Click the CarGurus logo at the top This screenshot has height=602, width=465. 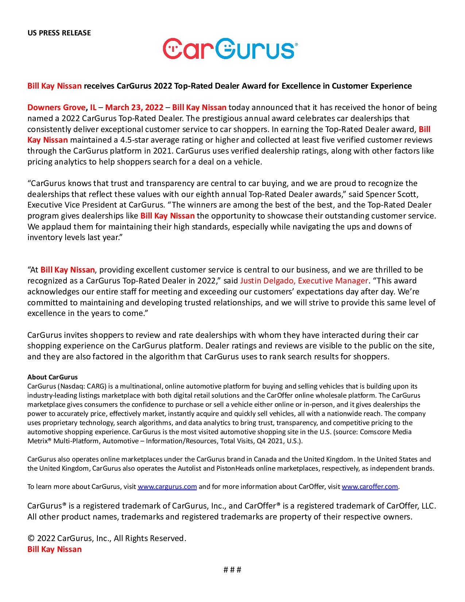(x=230, y=49)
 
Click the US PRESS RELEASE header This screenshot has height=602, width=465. (x=59, y=33)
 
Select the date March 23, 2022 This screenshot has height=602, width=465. (x=134, y=107)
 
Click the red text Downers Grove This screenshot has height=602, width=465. (x=57, y=107)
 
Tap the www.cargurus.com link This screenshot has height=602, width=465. (x=167, y=486)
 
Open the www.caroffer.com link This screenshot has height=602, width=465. (x=369, y=486)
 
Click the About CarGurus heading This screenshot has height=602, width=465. (x=53, y=377)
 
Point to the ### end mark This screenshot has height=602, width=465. (x=232, y=570)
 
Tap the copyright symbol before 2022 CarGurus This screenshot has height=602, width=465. (x=31, y=539)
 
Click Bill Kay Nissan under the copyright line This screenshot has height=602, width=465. (x=54, y=549)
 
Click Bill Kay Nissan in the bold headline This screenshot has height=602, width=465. (x=54, y=86)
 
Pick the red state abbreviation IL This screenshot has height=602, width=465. (x=93, y=107)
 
